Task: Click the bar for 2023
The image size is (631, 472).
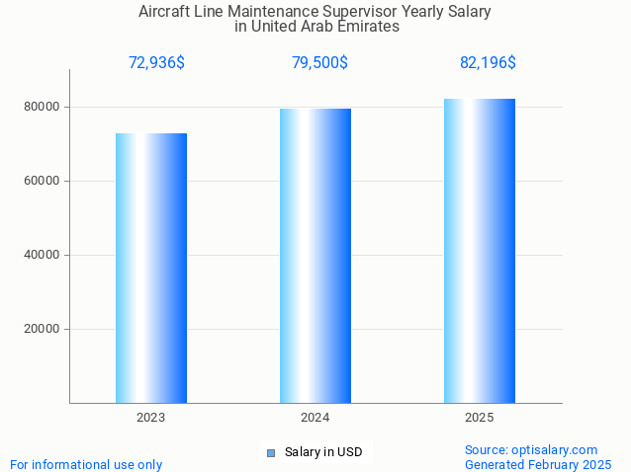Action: tap(151, 268)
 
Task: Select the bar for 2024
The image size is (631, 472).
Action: tap(315, 256)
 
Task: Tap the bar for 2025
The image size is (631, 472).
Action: tap(480, 251)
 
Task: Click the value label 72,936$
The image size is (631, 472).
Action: tap(156, 63)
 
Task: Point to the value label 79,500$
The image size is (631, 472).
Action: tap(319, 63)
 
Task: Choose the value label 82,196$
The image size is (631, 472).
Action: tap(488, 63)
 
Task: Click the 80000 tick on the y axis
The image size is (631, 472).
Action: tap(42, 107)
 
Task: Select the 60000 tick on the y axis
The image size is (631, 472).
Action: tap(42, 181)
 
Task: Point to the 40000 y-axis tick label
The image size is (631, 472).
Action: tap(42, 255)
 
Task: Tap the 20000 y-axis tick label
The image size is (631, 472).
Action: tap(42, 329)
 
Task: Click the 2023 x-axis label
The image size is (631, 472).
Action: tap(151, 418)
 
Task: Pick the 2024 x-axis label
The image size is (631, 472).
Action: tap(315, 418)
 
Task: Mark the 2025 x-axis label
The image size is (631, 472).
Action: tap(480, 418)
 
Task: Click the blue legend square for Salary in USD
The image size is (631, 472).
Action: tap(270, 453)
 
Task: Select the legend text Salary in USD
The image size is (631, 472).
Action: tap(323, 453)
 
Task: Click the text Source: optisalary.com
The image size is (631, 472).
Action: tap(531, 449)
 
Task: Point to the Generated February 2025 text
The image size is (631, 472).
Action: tap(538, 464)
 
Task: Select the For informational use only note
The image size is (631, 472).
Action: tap(86, 464)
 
